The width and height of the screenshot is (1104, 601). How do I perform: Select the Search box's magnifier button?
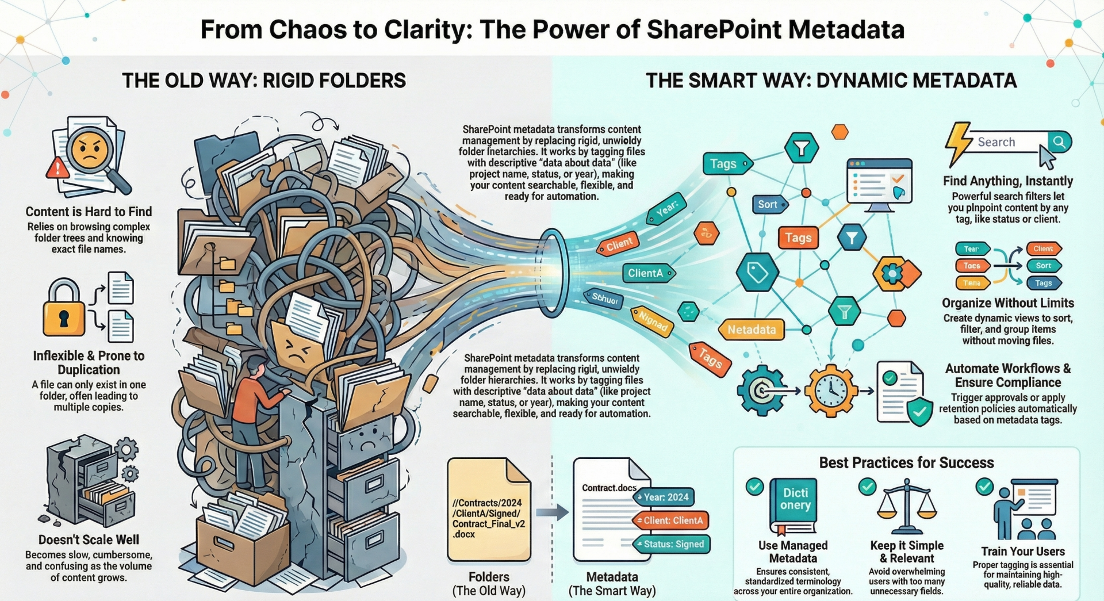tap(1059, 141)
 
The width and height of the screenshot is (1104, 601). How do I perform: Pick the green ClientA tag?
tap(647, 273)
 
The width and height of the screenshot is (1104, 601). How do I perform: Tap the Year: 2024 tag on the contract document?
tap(665, 497)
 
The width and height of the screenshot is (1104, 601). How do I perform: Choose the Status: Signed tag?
tap(672, 544)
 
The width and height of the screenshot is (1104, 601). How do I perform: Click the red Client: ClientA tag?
tap(671, 520)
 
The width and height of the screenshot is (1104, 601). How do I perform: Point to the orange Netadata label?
tap(751, 330)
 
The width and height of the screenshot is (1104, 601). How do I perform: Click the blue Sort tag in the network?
tap(768, 204)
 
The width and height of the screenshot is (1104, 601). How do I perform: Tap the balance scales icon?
tap(907, 506)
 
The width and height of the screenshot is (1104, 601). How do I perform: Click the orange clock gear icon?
tap(831, 391)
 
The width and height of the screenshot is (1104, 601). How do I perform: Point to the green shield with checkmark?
tap(919, 411)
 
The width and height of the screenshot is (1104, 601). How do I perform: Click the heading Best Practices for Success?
tap(906, 462)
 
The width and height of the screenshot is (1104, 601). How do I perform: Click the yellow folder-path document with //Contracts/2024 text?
tap(489, 509)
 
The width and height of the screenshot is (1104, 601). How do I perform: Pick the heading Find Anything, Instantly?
tap(1007, 181)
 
